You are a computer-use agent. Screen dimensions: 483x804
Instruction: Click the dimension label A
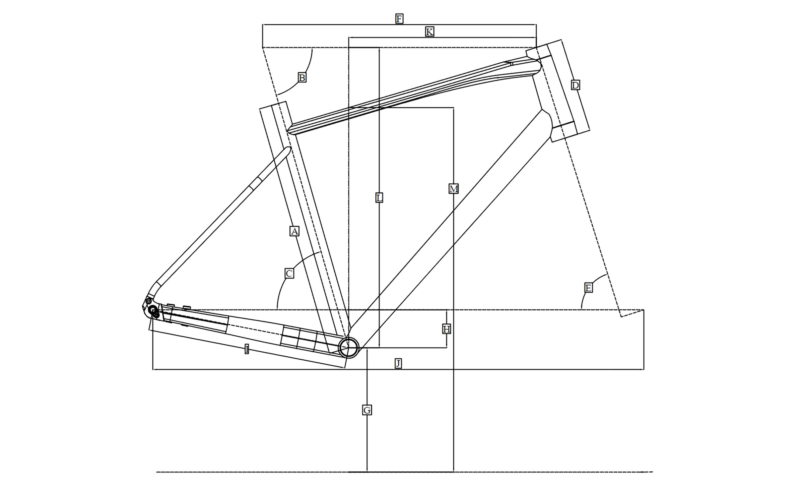(x=294, y=231)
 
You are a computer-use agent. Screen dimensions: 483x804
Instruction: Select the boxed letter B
(x=302, y=78)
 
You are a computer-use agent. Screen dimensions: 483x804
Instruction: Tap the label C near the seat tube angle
(x=289, y=274)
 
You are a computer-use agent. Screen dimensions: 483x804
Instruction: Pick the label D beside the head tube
(x=575, y=85)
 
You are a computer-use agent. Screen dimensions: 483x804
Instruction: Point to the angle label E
(x=588, y=288)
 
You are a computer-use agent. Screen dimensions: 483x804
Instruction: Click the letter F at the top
(x=399, y=19)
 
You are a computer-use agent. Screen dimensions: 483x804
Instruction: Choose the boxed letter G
(x=367, y=410)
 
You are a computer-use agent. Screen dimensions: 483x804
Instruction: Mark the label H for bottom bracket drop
(x=446, y=329)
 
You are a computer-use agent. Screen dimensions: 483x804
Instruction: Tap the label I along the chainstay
(x=247, y=349)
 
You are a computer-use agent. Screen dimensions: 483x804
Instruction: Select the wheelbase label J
(x=398, y=363)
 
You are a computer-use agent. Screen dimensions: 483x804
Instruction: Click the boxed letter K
(x=429, y=32)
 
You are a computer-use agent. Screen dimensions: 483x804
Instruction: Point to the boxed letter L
(x=379, y=198)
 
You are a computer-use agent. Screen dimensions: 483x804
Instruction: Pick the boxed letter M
(x=453, y=189)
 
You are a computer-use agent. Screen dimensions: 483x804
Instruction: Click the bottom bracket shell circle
(x=349, y=348)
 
